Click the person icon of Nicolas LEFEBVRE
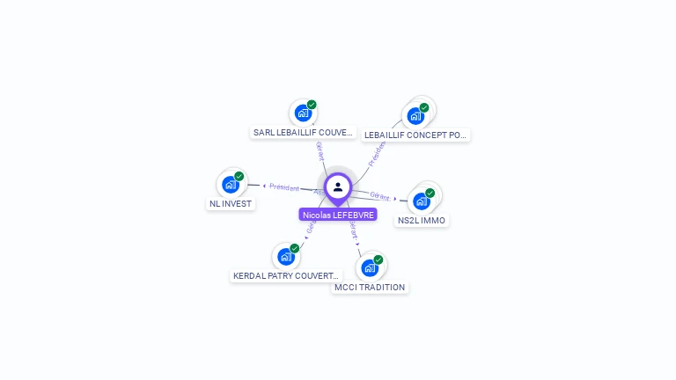338,187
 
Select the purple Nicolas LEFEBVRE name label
338,215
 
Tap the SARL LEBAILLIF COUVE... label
304,133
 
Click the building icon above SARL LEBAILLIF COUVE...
303,113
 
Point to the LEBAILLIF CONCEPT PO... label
415,135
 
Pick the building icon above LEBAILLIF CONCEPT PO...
415,115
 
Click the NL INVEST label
231,204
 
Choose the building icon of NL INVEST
231,185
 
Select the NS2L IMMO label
422,221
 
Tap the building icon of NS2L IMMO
422,201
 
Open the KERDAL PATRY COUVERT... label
285,276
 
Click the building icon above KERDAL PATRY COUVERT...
285,257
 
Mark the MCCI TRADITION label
370,288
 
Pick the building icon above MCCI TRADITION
370,267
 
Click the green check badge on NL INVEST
239,176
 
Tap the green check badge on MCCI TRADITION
378,259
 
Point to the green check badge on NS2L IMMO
430,193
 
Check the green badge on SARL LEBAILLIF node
312,105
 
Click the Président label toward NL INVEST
284,186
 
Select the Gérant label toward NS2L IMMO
380,196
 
